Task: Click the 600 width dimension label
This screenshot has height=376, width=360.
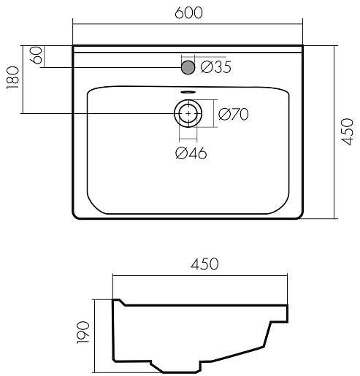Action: (188, 12)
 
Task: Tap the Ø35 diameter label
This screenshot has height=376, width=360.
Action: (216, 67)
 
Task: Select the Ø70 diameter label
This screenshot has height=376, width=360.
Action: (234, 114)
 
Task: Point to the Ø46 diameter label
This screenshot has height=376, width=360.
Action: (191, 153)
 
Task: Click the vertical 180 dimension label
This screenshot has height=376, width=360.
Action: (12, 78)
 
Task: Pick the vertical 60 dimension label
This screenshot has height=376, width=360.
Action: (37, 55)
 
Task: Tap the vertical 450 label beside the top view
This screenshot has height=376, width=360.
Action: (347, 131)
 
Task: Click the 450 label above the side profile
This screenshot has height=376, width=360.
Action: (204, 264)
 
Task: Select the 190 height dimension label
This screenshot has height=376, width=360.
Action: (83, 332)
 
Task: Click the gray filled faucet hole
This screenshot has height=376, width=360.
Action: (188, 67)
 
